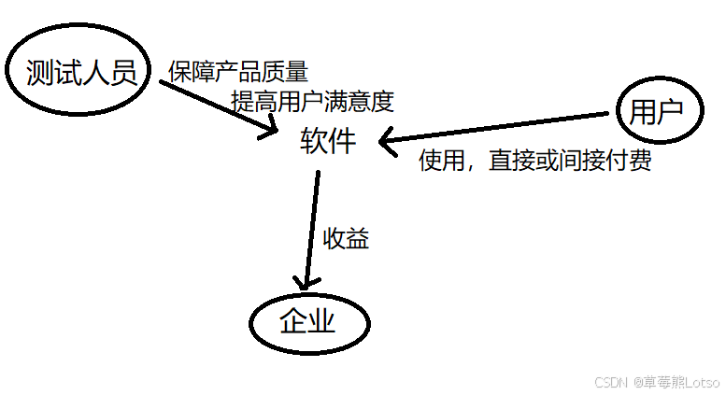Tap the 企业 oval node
[307, 322]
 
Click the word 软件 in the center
[327, 141]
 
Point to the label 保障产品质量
[238, 72]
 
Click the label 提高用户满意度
[306, 100]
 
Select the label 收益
[347, 239]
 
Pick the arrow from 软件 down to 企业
[311, 229]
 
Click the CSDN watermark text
[609, 382]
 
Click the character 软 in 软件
[314, 141]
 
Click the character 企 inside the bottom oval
[293, 322]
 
